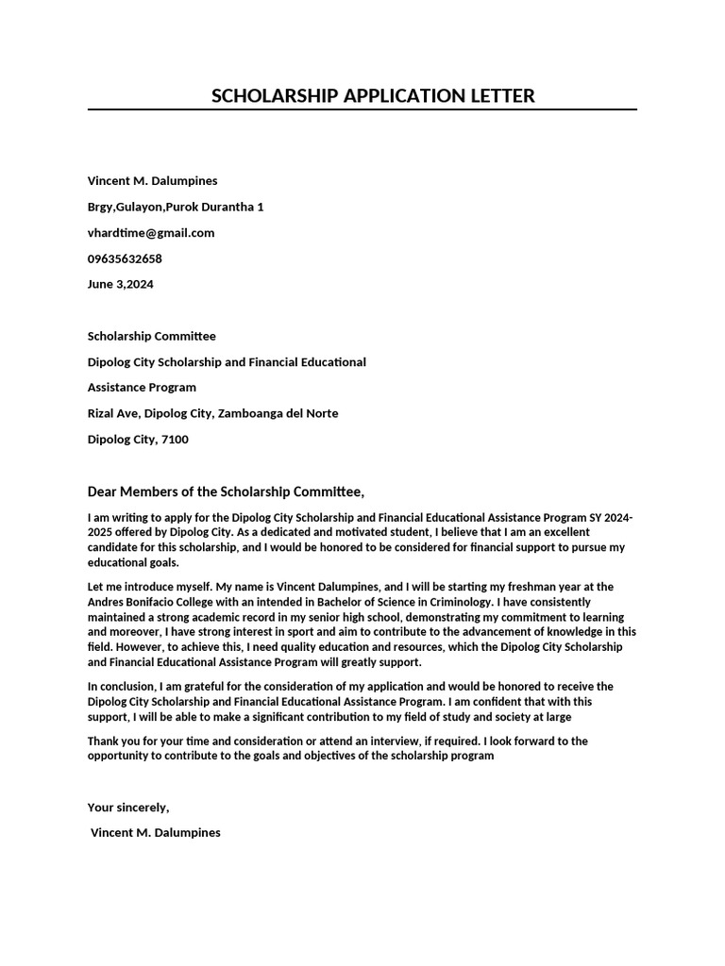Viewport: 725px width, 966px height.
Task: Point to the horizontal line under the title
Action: coord(362,110)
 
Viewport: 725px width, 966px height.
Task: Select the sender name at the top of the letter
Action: coord(152,180)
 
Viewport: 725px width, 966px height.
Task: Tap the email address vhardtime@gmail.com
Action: coord(151,232)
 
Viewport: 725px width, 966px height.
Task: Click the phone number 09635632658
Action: coord(125,258)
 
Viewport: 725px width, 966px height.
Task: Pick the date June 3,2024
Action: coord(121,284)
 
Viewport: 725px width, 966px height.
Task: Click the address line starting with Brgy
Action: coord(176,207)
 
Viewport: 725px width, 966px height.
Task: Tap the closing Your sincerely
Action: coord(128,807)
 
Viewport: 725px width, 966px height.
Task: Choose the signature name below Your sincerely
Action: coord(156,833)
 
